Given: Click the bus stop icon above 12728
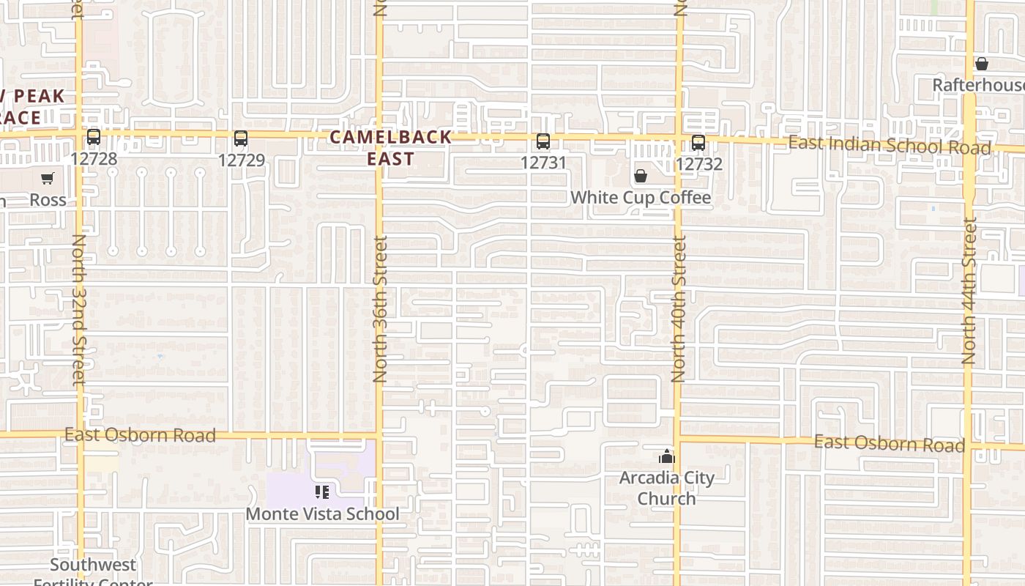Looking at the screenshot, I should tap(94, 137).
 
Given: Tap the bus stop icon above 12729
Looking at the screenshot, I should tap(241, 138).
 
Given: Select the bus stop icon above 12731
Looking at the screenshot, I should tap(543, 141).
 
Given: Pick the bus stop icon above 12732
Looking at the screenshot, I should tap(698, 143).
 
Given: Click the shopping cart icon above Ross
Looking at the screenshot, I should tap(48, 178).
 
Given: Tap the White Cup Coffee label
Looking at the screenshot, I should tap(640, 198).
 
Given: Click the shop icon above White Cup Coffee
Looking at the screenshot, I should tap(641, 177).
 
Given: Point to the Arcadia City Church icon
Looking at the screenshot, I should tap(666, 458).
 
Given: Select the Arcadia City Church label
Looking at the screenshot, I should tap(666, 488).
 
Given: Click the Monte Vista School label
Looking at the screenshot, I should tap(322, 513).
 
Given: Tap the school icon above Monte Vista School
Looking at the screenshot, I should tap(321, 492).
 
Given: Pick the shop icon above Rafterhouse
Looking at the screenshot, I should tap(982, 64).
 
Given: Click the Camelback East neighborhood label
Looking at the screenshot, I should tap(390, 148).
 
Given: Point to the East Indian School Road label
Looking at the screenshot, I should tap(889, 145).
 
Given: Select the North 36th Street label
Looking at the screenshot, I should tap(380, 308).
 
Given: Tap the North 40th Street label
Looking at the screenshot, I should tap(679, 308).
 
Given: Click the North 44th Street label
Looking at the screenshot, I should tap(969, 292).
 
